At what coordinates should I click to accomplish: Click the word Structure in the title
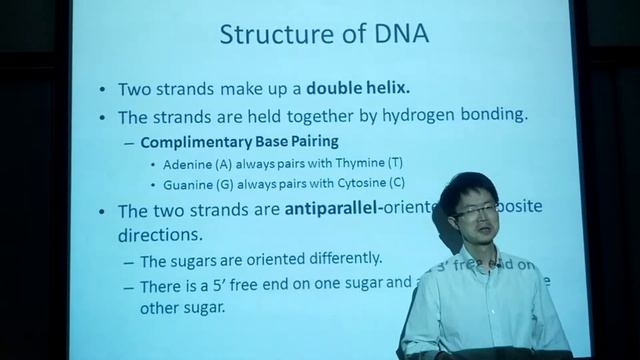coord(267,37)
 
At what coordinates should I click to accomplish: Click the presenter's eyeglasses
coord(471,212)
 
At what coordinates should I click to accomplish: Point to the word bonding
coord(486,114)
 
